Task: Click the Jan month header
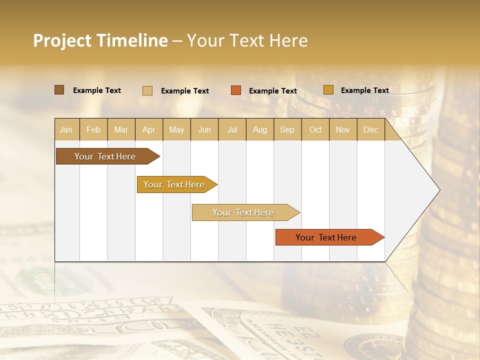pos(66,129)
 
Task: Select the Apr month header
pos(148,129)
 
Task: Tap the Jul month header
pos(232,129)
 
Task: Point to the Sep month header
pos(287,129)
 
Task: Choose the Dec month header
pos(370,129)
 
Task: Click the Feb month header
pos(93,129)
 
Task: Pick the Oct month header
pos(315,129)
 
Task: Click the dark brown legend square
pos(59,90)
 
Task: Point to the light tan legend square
pos(147,90)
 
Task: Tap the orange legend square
pos(236,90)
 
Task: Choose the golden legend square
pos(328,90)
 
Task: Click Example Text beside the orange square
pos(272,91)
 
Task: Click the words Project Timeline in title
pos(100,40)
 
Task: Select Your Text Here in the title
pos(247,40)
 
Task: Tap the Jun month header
pos(204,129)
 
